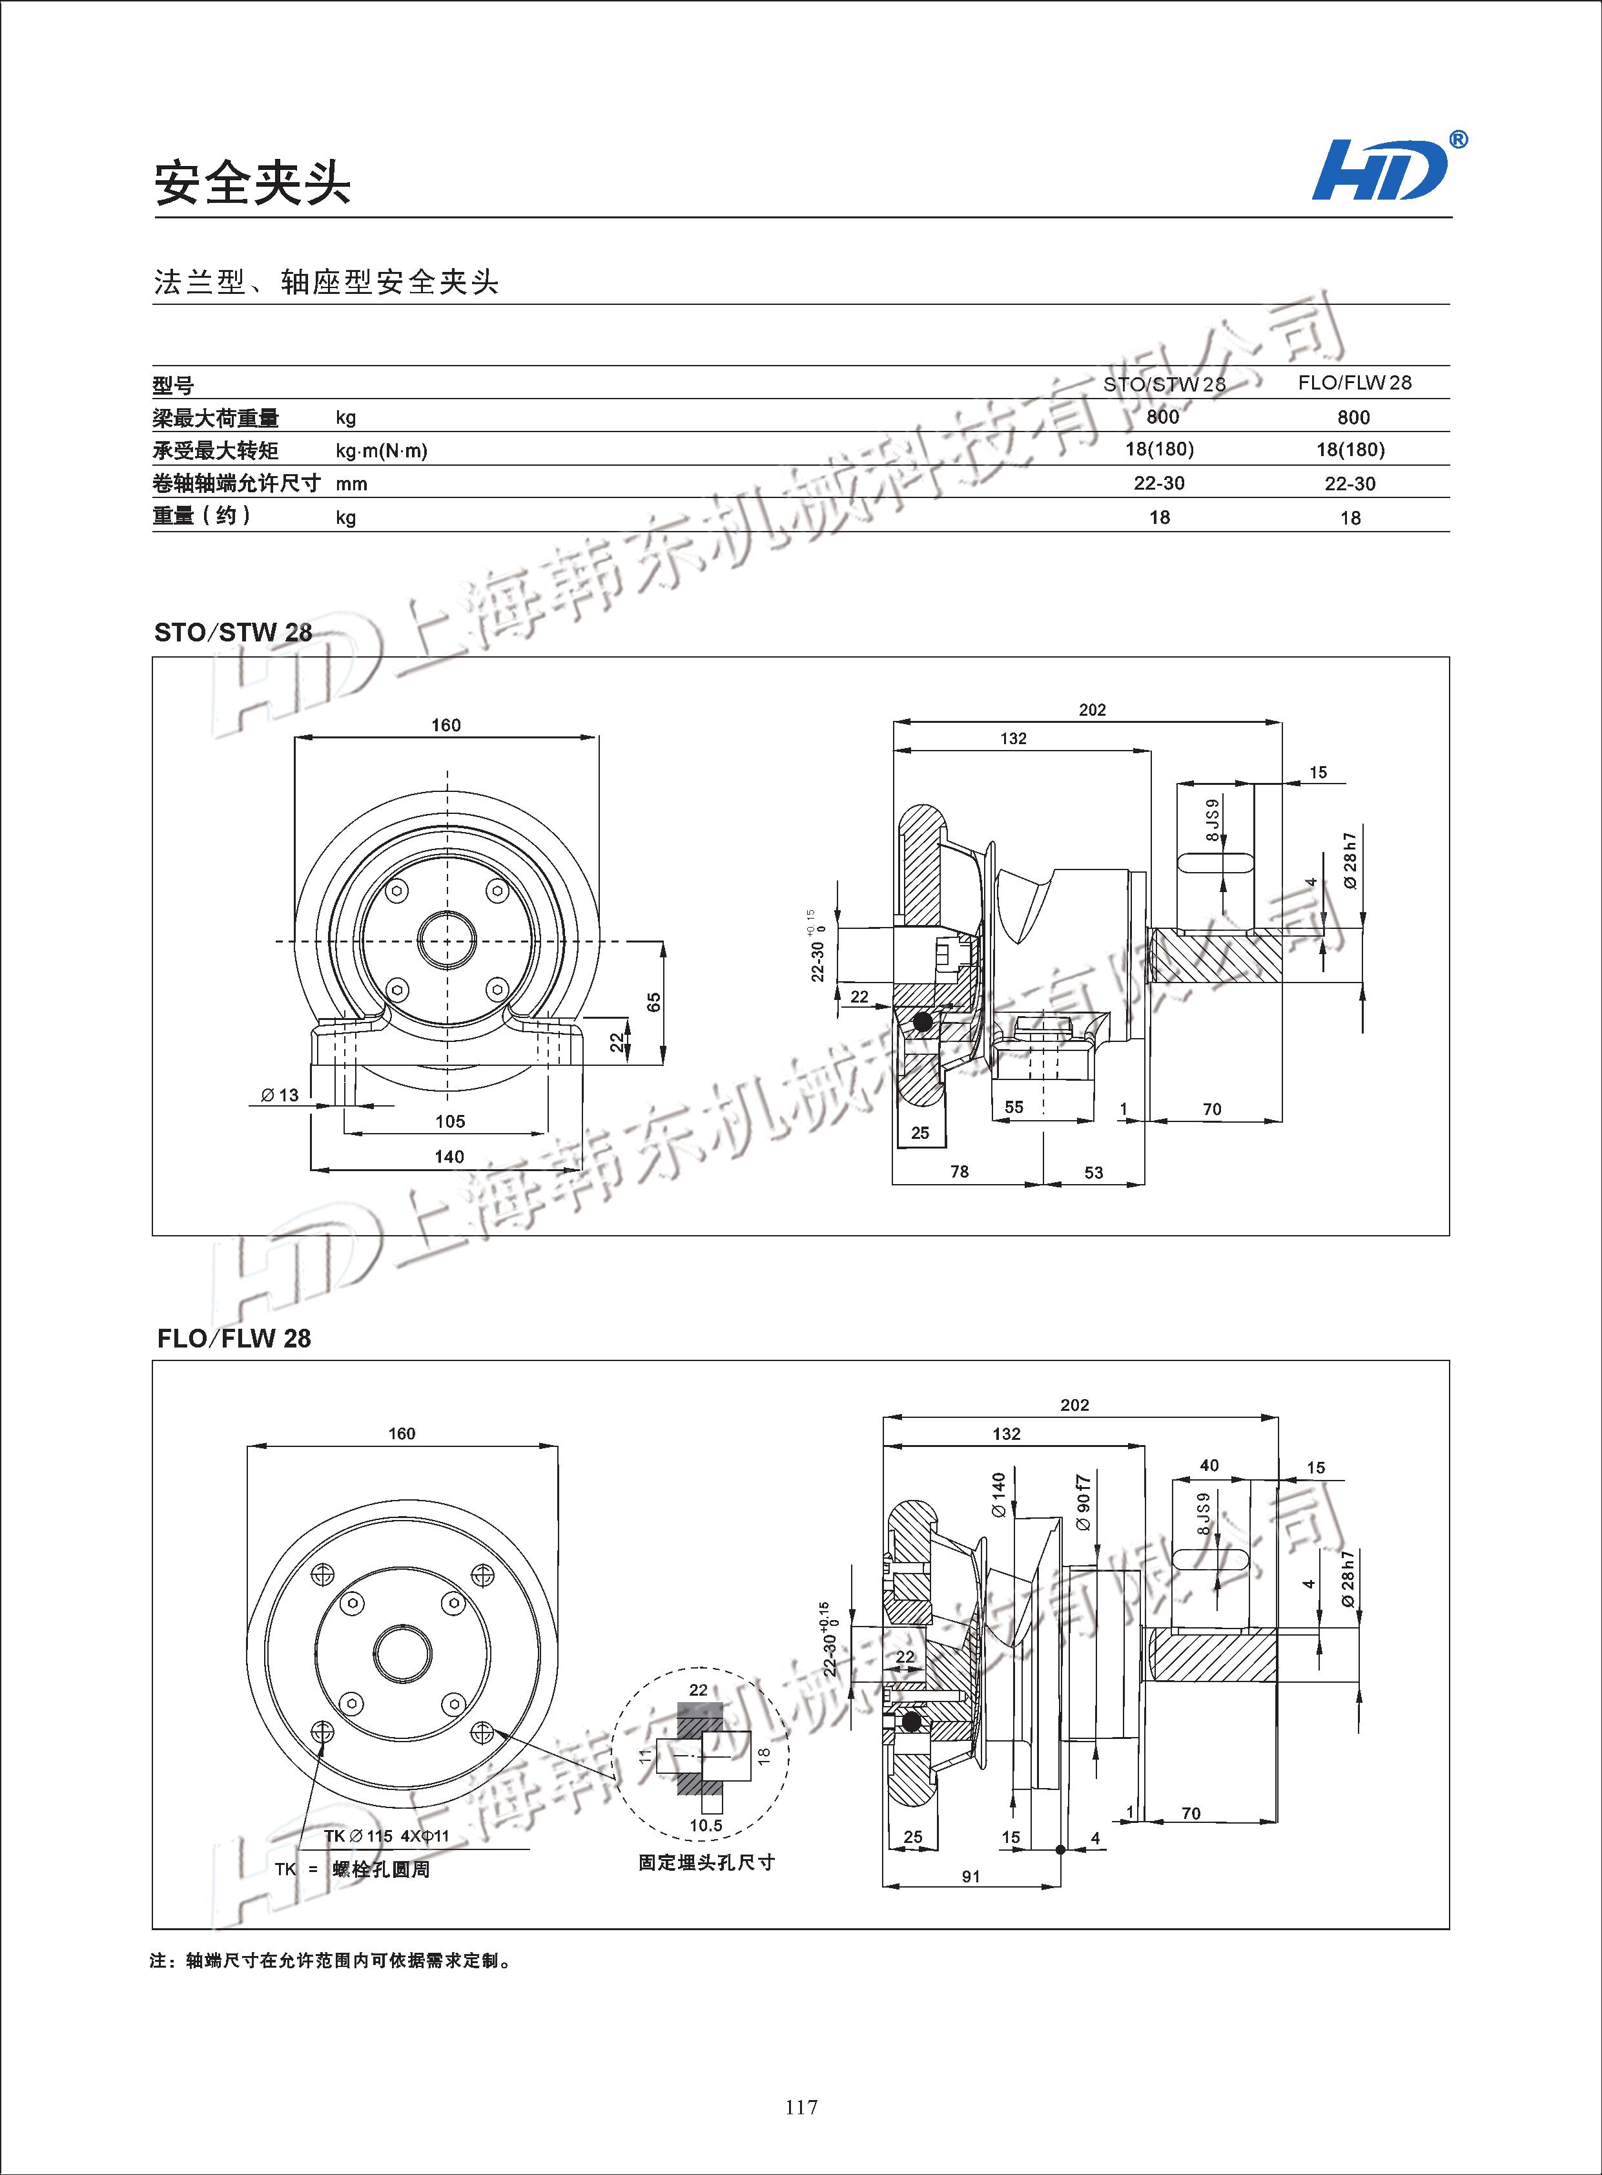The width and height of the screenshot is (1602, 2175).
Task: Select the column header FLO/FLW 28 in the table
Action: click(1354, 382)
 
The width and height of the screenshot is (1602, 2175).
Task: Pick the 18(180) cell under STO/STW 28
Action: click(1159, 449)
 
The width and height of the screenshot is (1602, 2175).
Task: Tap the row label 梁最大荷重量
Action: click(215, 418)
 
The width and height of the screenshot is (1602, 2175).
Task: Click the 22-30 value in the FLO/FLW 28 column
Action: click(1350, 483)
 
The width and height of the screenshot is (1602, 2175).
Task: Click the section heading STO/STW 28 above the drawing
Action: click(232, 632)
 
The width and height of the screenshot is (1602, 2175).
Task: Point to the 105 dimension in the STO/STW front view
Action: click(450, 1121)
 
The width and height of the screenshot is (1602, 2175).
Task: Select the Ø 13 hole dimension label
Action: click(280, 1096)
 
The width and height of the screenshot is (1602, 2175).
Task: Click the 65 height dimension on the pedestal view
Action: click(653, 1001)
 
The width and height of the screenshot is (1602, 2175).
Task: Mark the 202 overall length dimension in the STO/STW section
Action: click(1092, 710)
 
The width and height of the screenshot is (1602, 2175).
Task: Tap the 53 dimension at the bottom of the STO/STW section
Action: click(1094, 1173)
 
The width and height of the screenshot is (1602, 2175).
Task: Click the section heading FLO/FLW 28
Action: click(234, 1338)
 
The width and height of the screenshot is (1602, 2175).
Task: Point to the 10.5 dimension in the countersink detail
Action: click(705, 1826)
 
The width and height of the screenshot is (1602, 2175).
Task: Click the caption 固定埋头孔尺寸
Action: click(706, 1862)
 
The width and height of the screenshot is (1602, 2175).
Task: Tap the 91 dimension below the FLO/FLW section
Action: click(970, 1876)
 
